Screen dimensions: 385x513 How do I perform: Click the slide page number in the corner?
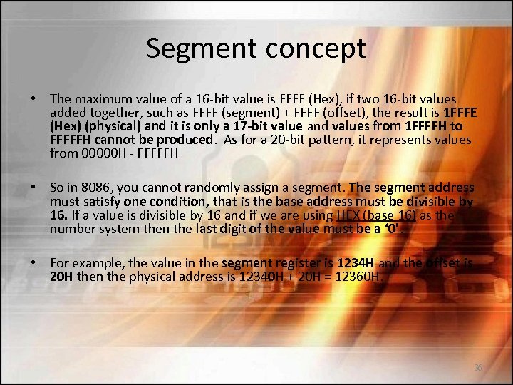tap(477, 368)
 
